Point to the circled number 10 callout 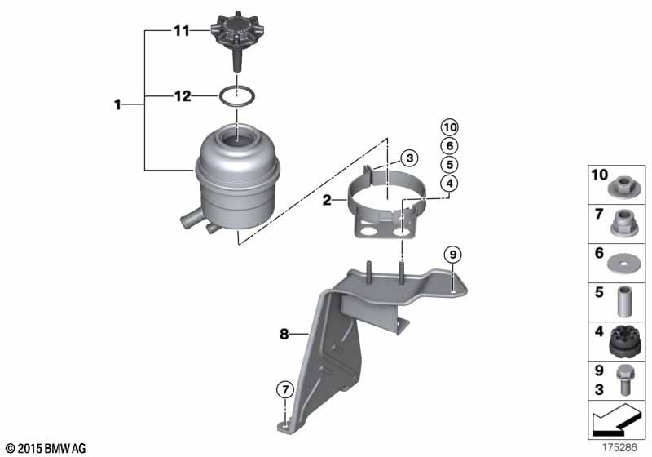tap(449, 126)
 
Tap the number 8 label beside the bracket tap(284, 333)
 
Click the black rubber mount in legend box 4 tap(627, 337)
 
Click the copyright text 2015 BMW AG tap(45, 448)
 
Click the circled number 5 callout tap(449, 163)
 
